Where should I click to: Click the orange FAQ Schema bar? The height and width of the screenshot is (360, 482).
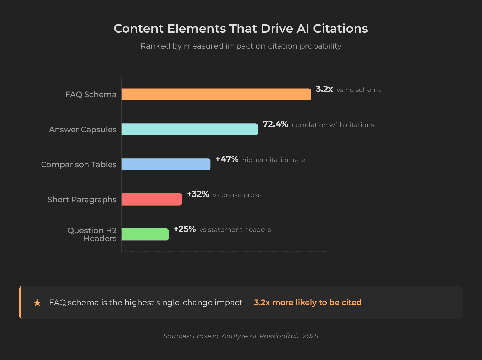click(216, 94)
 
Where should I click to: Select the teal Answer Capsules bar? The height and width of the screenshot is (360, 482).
click(189, 130)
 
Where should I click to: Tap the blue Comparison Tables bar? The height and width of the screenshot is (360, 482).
click(166, 165)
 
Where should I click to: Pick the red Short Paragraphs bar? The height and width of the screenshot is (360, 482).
click(152, 200)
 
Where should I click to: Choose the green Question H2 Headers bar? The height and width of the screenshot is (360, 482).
click(145, 234)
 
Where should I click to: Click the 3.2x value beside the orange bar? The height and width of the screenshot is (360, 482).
click(324, 89)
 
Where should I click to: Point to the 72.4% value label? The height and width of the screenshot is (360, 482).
click(275, 124)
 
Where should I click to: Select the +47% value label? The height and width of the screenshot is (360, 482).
click(227, 159)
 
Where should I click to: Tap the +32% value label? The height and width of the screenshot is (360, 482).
click(198, 194)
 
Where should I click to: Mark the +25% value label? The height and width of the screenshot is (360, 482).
click(185, 229)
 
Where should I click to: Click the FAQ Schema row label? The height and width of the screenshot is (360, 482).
click(91, 94)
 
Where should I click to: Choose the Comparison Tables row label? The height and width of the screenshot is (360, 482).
click(79, 165)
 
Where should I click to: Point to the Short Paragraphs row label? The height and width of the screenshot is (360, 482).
click(82, 200)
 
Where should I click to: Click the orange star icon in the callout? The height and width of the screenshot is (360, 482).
click(37, 302)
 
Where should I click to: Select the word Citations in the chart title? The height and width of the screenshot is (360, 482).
click(340, 29)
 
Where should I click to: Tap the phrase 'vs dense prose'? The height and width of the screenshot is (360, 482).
click(237, 195)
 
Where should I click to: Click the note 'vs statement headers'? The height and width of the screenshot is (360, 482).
click(235, 230)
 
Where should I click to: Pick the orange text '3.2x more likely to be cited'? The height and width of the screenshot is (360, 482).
click(308, 302)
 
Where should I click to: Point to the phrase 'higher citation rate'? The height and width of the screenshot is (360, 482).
click(273, 160)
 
